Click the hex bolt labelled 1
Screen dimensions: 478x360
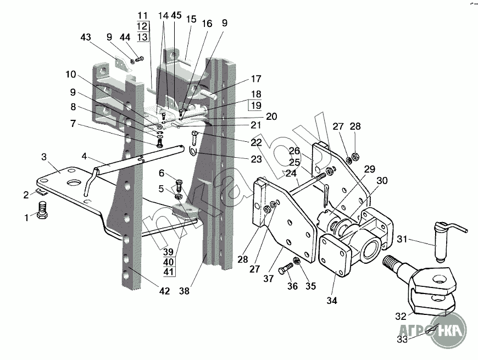(x=42, y=210)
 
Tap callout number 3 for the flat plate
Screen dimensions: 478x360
(x=44, y=157)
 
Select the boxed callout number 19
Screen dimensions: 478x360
(x=256, y=105)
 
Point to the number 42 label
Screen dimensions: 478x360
(x=164, y=291)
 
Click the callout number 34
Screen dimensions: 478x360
(x=332, y=301)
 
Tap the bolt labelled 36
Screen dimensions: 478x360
(x=286, y=269)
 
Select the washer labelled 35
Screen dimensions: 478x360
(x=296, y=261)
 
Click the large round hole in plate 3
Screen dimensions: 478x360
(x=74, y=183)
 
